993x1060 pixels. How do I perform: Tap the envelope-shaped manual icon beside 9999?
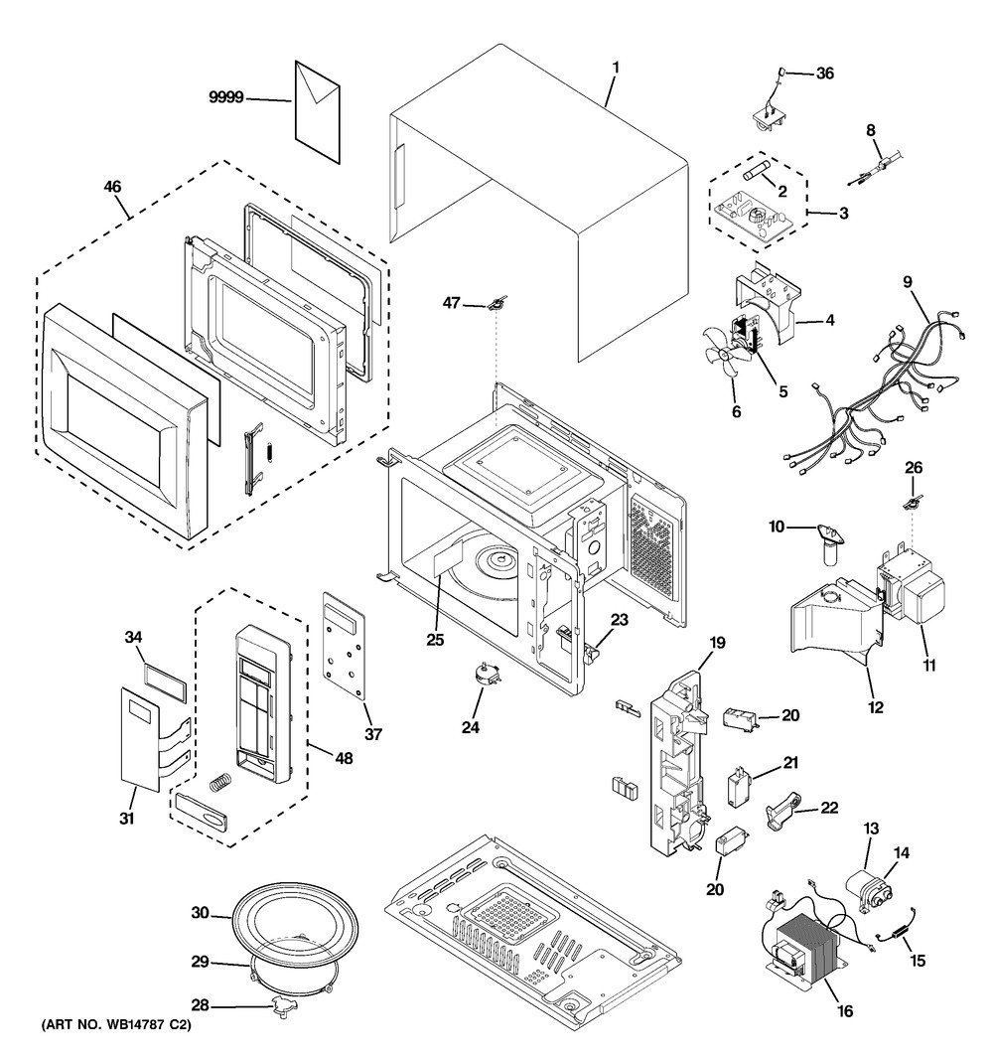(x=318, y=109)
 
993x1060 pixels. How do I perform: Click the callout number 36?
(x=826, y=73)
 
